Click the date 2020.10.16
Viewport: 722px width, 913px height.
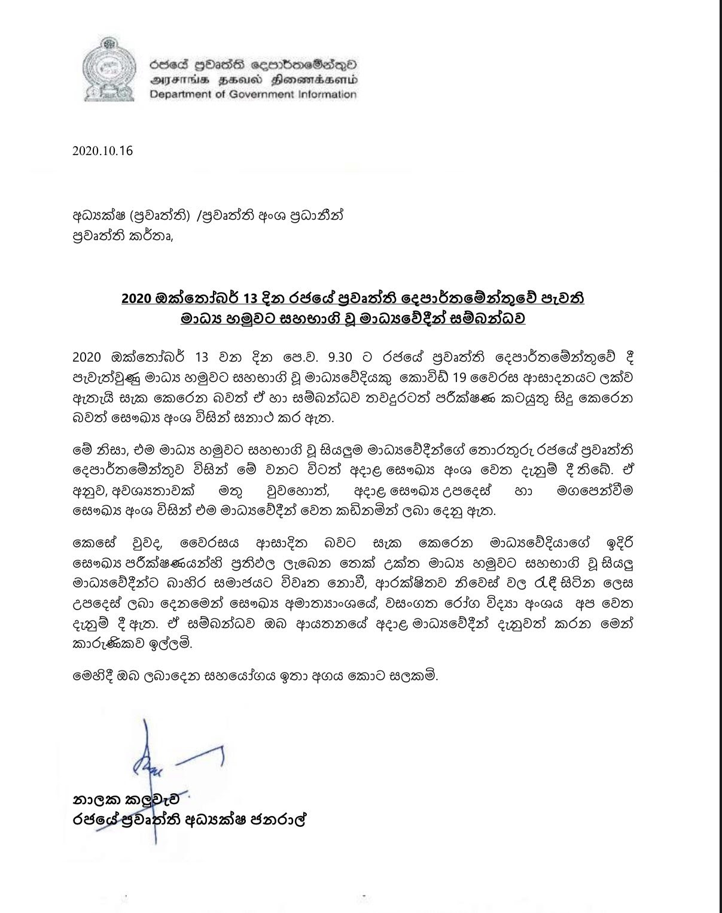(x=102, y=151)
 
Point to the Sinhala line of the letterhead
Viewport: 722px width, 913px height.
(x=254, y=63)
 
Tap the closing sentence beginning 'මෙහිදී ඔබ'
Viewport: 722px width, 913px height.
(x=255, y=678)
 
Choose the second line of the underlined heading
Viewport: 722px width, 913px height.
(x=353, y=319)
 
